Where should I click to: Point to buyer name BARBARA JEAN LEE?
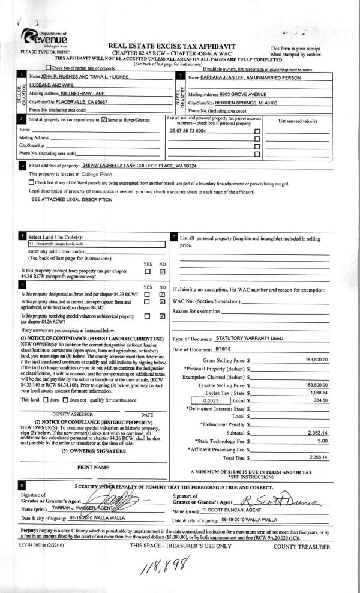tap(231, 78)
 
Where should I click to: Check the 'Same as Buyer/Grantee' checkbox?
tap(105, 120)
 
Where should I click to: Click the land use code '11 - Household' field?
tap(96, 244)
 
